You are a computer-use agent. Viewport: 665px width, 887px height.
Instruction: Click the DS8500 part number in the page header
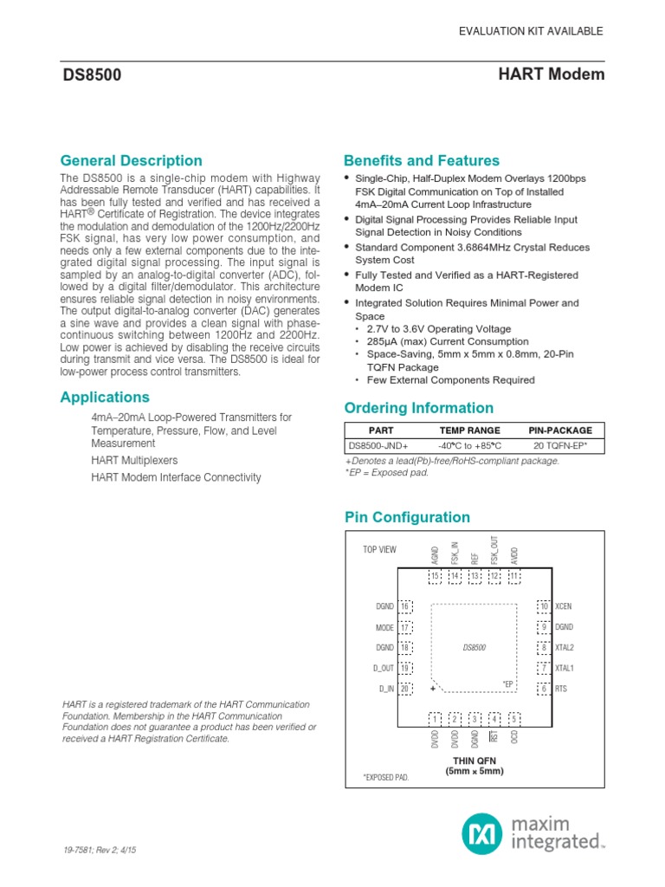coord(91,75)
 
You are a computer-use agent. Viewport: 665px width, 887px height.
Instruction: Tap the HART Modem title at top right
coord(552,74)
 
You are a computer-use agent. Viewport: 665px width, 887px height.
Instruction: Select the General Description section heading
coord(131,161)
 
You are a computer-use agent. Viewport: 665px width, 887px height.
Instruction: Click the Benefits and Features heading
coord(421,161)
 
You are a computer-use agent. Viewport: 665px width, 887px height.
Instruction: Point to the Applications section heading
coord(105,398)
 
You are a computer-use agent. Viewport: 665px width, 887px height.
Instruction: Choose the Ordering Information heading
coord(418,408)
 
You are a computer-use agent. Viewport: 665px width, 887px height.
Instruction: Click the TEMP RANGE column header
coord(469,431)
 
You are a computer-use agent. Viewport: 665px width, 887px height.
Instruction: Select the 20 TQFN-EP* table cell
coord(560,446)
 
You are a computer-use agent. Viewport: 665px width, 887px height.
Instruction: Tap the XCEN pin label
coord(565,606)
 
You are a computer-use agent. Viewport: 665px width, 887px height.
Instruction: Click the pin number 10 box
coord(544,606)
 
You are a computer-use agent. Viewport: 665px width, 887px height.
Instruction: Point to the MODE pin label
coord(385,627)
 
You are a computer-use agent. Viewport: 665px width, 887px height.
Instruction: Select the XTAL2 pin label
coord(565,648)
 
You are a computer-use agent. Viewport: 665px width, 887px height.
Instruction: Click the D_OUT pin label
coord(384,668)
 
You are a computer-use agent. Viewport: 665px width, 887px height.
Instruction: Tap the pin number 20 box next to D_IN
coord(405,689)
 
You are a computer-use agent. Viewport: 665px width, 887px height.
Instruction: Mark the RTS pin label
coord(561,689)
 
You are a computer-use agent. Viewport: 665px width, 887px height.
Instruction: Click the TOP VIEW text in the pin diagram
coord(379,550)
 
